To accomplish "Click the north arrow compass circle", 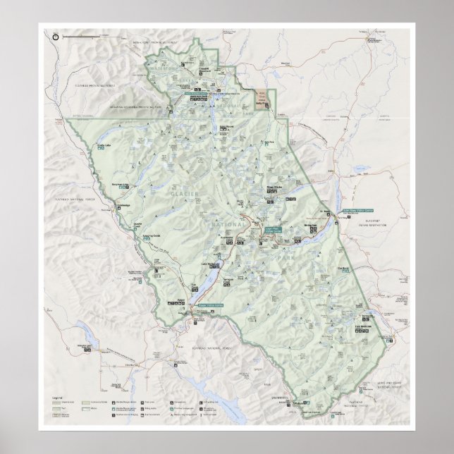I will click(56, 32).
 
